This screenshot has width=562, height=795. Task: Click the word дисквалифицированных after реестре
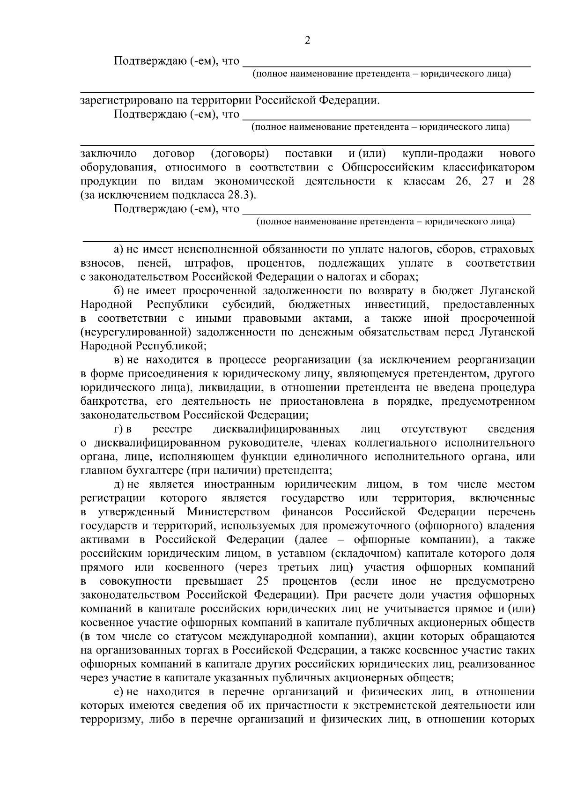coord(276,429)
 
